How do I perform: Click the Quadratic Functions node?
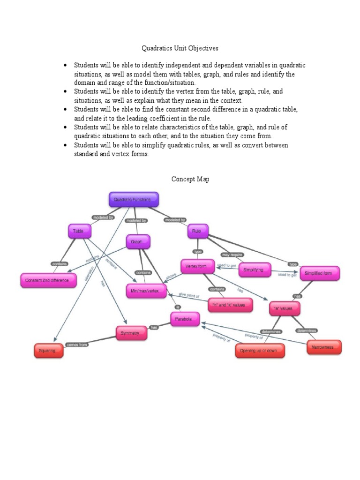pyautogui.click(x=134, y=200)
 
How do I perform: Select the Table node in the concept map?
pyautogui.click(x=79, y=232)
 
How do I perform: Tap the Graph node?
pyautogui.click(x=138, y=242)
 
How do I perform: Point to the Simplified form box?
pyautogui.click(x=320, y=273)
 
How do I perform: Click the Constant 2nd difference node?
pyautogui.click(x=48, y=281)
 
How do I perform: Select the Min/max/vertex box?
pyautogui.click(x=146, y=291)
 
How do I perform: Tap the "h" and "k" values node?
pyautogui.click(x=230, y=305)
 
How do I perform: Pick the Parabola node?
pyautogui.click(x=185, y=319)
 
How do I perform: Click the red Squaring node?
pyautogui.click(x=49, y=350)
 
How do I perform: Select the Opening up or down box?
pyautogui.click(x=260, y=351)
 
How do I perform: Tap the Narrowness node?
pyautogui.click(x=323, y=347)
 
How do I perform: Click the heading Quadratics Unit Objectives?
pyautogui.click(x=180, y=48)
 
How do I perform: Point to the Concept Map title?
pyautogui.click(x=190, y=179)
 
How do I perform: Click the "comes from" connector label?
pyautogui.click(x=77, y=344)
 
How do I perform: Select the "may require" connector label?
pyautogui.click(x=232, y=255)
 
